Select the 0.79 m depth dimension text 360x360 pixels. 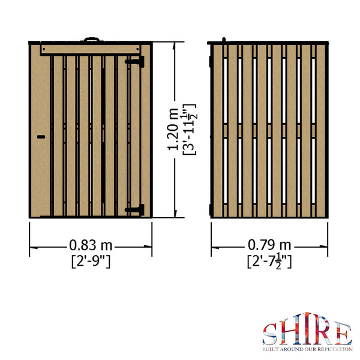tap(269, 245)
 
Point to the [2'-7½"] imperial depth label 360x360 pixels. tap(269, 260)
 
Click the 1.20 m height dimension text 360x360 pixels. tap(173, 130)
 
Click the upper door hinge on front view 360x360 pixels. tap(139, 61)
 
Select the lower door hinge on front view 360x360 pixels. tap(137, 209)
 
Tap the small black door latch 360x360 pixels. tap(41, 137)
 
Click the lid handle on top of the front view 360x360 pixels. tap(92, 40)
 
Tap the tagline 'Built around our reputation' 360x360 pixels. tap(306, 347)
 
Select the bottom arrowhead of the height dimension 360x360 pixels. tap(176, 215)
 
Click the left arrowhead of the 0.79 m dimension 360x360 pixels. tap(212, 246)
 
